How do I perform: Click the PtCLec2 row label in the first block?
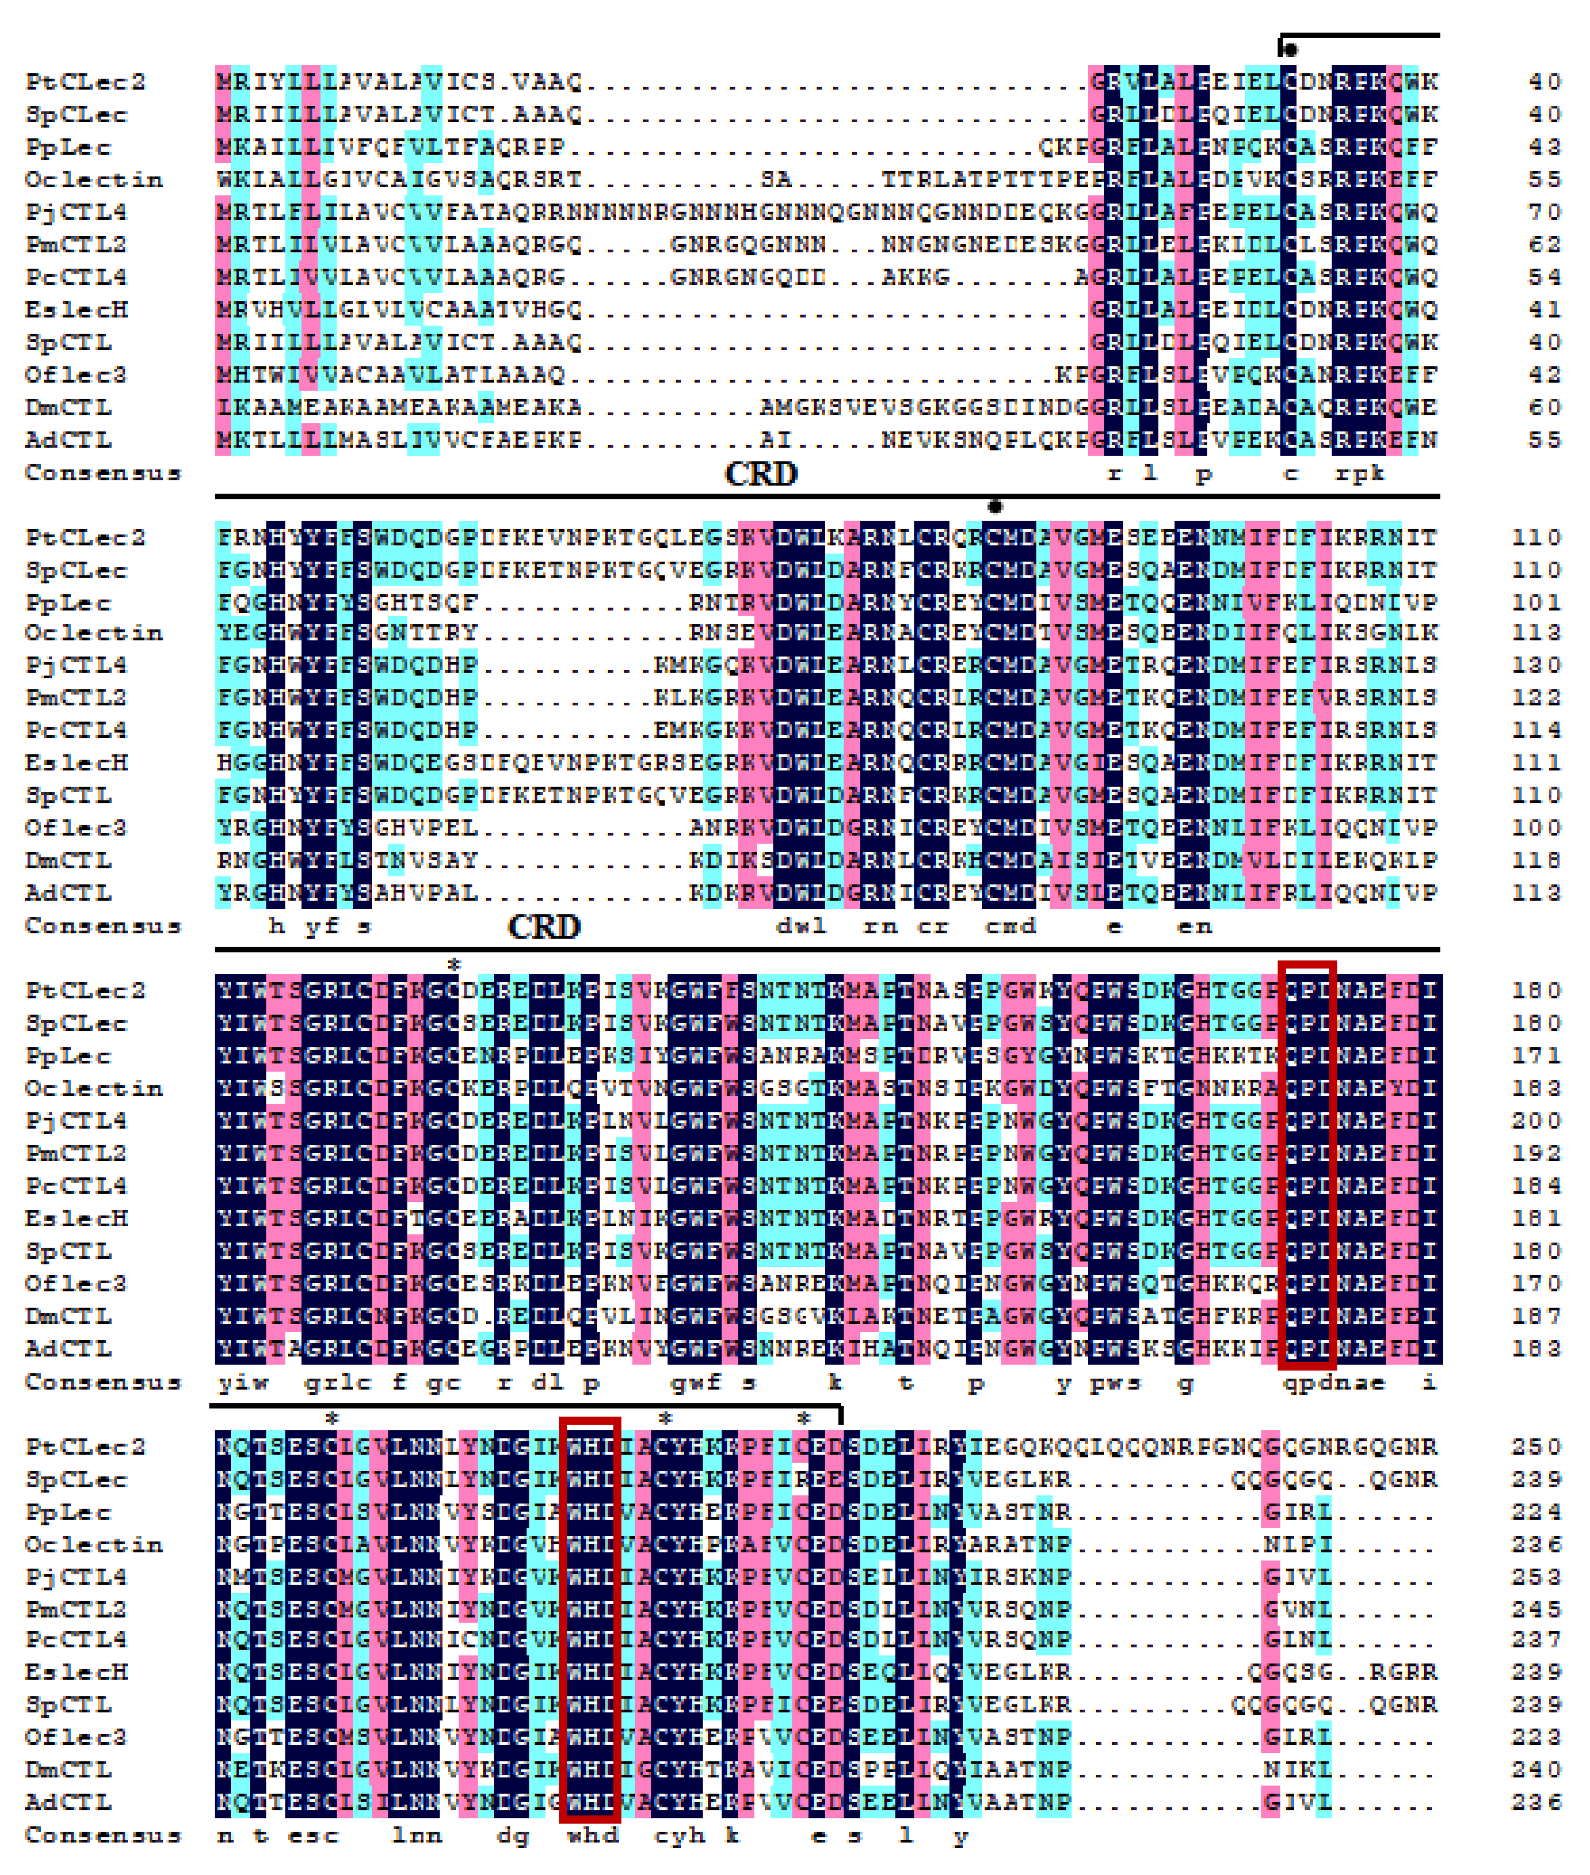tap(85, 82)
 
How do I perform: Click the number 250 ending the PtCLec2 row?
tap(1536, 1447)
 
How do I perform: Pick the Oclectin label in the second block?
tap(94, 633)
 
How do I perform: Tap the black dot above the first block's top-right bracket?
tap(1290, 49)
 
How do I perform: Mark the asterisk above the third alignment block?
tap(454, 965)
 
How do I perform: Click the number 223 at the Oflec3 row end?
tap(1536, 1737)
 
